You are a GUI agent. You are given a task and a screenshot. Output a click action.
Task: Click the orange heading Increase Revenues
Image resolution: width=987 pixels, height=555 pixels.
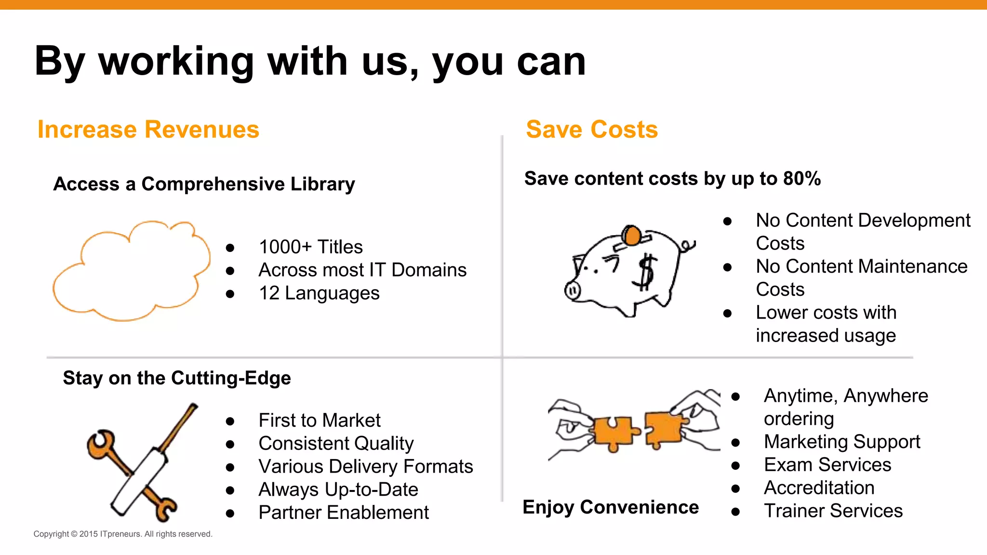coord(148,130)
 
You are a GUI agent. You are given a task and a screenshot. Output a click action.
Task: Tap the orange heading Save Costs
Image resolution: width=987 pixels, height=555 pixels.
coord(592,130)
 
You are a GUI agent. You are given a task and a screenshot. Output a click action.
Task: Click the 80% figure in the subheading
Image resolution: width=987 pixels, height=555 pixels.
coord(802,179)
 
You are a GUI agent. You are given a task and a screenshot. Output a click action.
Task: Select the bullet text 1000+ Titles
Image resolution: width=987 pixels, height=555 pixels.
coord(311,247)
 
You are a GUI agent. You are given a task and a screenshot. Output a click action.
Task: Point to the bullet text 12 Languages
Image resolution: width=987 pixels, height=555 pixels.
coord(319,293)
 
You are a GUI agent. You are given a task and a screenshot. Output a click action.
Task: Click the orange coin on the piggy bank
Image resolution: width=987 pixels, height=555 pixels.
coord(631,236)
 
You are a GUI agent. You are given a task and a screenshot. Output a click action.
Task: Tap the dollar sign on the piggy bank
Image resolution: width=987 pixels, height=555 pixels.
coord(646,273)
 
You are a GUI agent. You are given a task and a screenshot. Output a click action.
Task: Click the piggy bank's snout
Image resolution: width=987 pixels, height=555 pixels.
coord(573,291)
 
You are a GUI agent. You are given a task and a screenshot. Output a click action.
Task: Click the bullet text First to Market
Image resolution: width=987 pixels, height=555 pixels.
coord(320,420)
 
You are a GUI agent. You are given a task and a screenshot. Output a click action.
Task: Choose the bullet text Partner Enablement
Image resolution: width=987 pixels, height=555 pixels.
coord(344,513)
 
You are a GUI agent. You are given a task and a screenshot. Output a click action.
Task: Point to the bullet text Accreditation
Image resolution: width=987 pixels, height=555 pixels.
coord(819,488)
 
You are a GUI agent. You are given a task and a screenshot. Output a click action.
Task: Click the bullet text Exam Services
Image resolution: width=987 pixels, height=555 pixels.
coord(827,464)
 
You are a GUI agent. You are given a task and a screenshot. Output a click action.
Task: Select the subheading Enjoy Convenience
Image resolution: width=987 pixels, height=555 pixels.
coord(611,507)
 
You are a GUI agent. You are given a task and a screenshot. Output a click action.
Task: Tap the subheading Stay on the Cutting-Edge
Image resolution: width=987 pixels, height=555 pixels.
coord(177,378)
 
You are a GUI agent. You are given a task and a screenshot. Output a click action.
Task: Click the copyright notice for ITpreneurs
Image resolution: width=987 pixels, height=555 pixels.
coord(123,534)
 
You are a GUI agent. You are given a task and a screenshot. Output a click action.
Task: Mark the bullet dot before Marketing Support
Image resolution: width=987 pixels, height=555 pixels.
coord(735,442)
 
